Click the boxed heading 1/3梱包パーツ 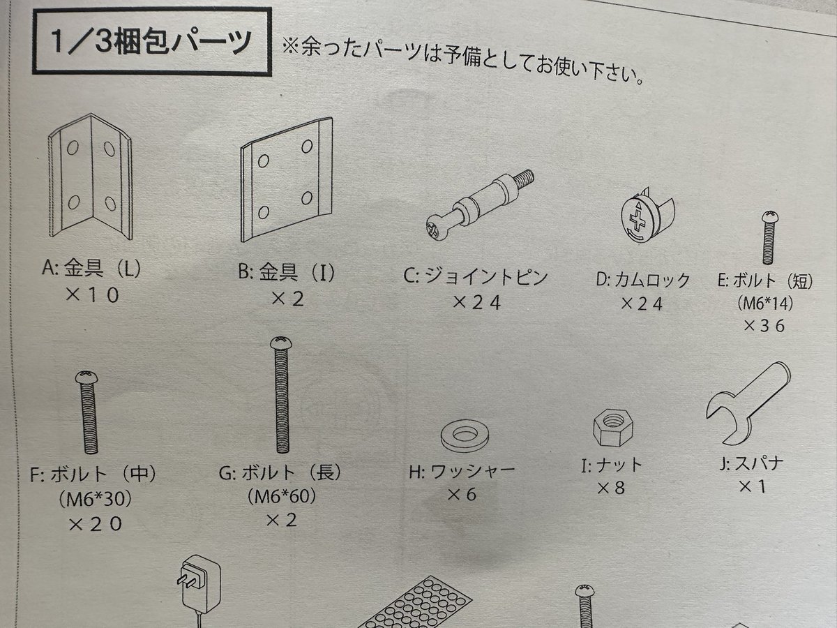click(151, 43)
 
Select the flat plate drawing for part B click(286, 181)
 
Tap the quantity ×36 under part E click(764, 325)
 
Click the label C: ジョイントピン click(476, 277)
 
